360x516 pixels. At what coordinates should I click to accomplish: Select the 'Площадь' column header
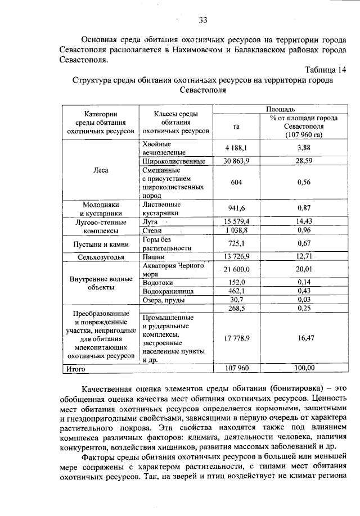(276, 108)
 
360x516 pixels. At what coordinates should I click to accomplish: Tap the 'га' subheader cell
(236, 126)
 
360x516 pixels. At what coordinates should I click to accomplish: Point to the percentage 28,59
(304, 161)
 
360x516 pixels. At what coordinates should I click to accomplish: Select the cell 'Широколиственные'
(174, 161)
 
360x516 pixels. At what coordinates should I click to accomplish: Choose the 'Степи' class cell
(152, 230)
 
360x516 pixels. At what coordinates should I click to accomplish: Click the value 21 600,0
(237, 270)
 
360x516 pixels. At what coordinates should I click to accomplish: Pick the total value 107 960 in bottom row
(236, 368)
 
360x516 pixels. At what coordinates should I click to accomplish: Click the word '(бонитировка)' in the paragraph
(296, 388)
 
